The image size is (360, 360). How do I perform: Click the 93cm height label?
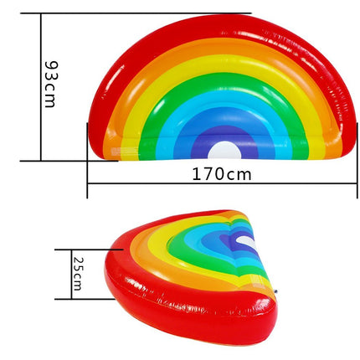(51, 85)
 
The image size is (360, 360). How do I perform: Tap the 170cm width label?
(222, 174)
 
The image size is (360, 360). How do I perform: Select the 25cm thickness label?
(77, 274)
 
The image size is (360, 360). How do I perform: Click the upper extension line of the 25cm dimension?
(88, 249)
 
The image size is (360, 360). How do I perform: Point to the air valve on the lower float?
(275, 291)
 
